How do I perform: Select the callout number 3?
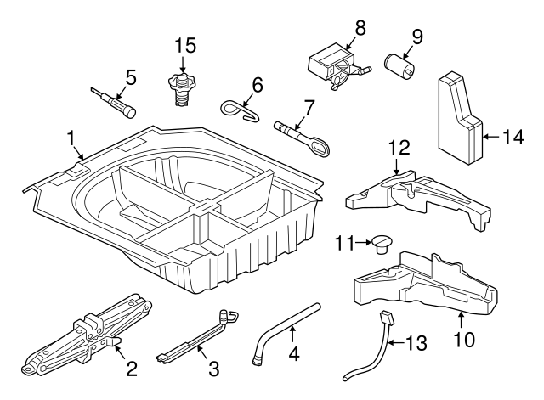pyautogui.click(x=214, y=369)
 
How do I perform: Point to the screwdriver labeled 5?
pyautogui.click(x=110, y=101)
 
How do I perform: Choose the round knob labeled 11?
pyautogui.click(x=381, y=245)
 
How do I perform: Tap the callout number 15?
pyautogui.click(x=185, y=44)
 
